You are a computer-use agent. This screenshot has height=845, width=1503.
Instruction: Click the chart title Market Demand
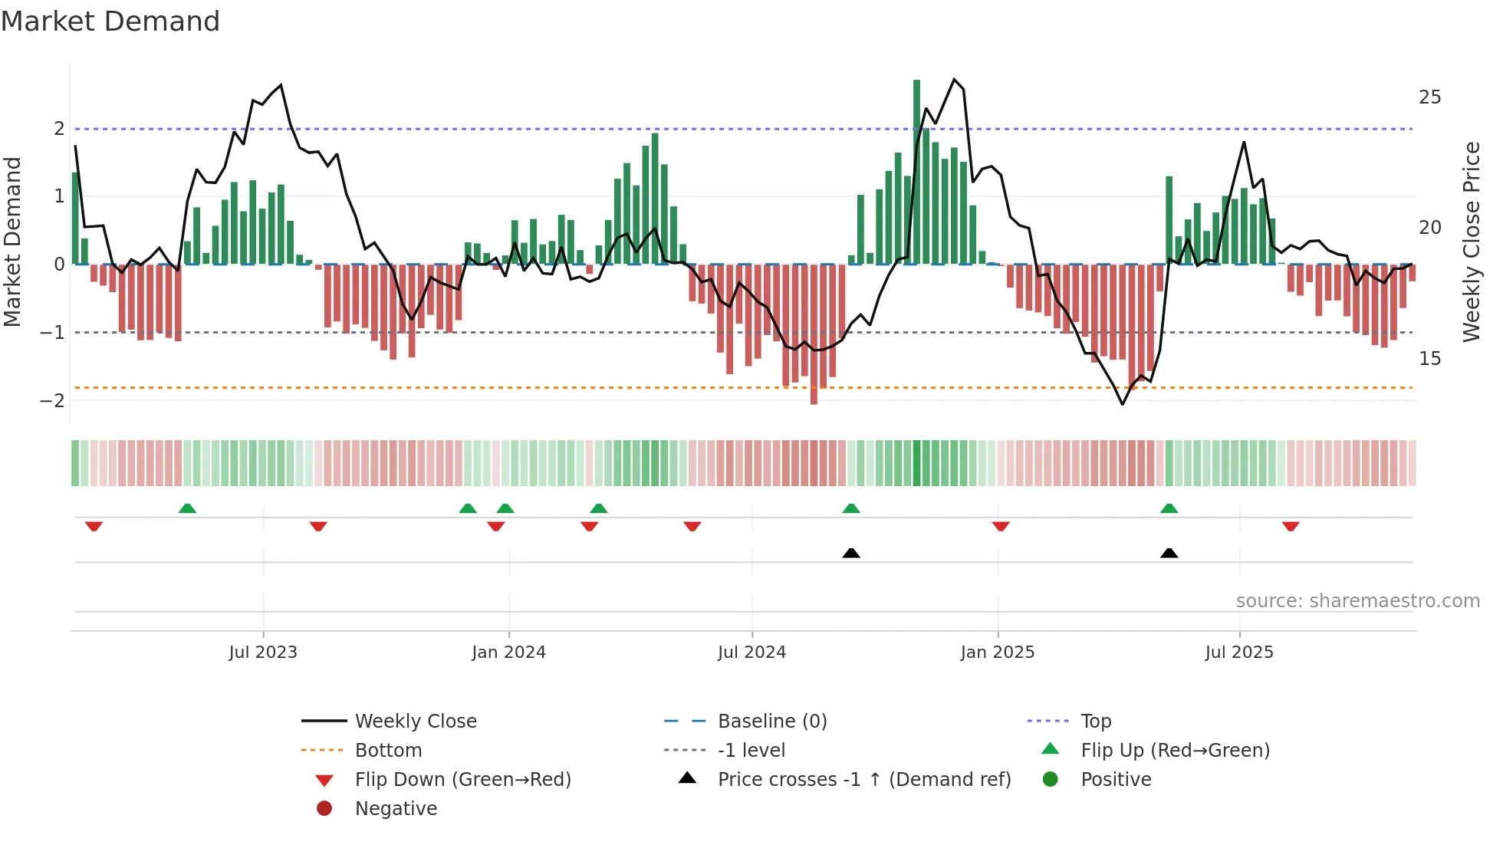click(110, 21)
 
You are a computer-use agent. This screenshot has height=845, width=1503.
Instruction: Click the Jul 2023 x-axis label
click(263, 653)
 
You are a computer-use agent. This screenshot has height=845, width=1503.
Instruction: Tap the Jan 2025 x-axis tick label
click(997, 653)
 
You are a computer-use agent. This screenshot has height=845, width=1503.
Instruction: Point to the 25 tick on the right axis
click(1429, 97)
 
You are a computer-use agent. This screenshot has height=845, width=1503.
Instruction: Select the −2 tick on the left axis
click(52, 400)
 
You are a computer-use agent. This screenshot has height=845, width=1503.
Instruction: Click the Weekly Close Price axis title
click(1471, 242)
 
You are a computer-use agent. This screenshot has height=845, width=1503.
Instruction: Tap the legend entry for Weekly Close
click(415, 722)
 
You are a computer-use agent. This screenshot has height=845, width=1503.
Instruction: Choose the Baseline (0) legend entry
click(771, 722)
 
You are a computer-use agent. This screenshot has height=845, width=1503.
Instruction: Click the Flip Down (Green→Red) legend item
click(462, 780)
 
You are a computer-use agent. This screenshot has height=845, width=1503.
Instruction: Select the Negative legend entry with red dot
click(396, 809)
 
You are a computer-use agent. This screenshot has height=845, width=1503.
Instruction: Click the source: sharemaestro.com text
click(1357, 601)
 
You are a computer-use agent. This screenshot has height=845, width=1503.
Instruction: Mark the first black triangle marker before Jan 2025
click(851, 553)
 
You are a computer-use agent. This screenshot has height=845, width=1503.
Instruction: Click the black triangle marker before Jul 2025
click(1169, 553)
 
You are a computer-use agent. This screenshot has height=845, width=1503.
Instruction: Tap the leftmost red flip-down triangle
click(94, 526)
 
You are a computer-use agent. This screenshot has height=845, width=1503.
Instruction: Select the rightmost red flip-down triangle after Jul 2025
click(1291, 526)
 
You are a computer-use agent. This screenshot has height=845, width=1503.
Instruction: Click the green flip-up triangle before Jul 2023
click(187, 508)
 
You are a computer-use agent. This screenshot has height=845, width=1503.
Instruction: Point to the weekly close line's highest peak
click(954, 79)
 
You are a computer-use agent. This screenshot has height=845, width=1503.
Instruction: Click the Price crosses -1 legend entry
click(863, 780)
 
